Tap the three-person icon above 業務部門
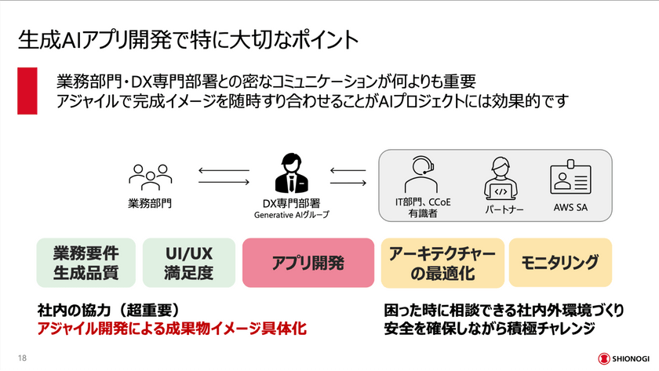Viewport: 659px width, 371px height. [x=150, y=178]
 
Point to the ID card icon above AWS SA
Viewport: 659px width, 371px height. [x=570, y=179]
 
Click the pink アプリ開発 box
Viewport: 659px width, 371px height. [x=308, y=263]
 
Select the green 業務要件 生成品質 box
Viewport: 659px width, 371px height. [x=86, y=263]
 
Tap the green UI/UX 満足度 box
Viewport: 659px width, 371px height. [x=189, y=263]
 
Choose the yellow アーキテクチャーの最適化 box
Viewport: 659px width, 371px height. [x=442, y=263]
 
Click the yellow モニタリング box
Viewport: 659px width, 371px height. [x=560, y=261]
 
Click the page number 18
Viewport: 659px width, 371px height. [x=21, y=358]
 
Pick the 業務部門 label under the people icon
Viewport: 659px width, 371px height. [x=150, y=203]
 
